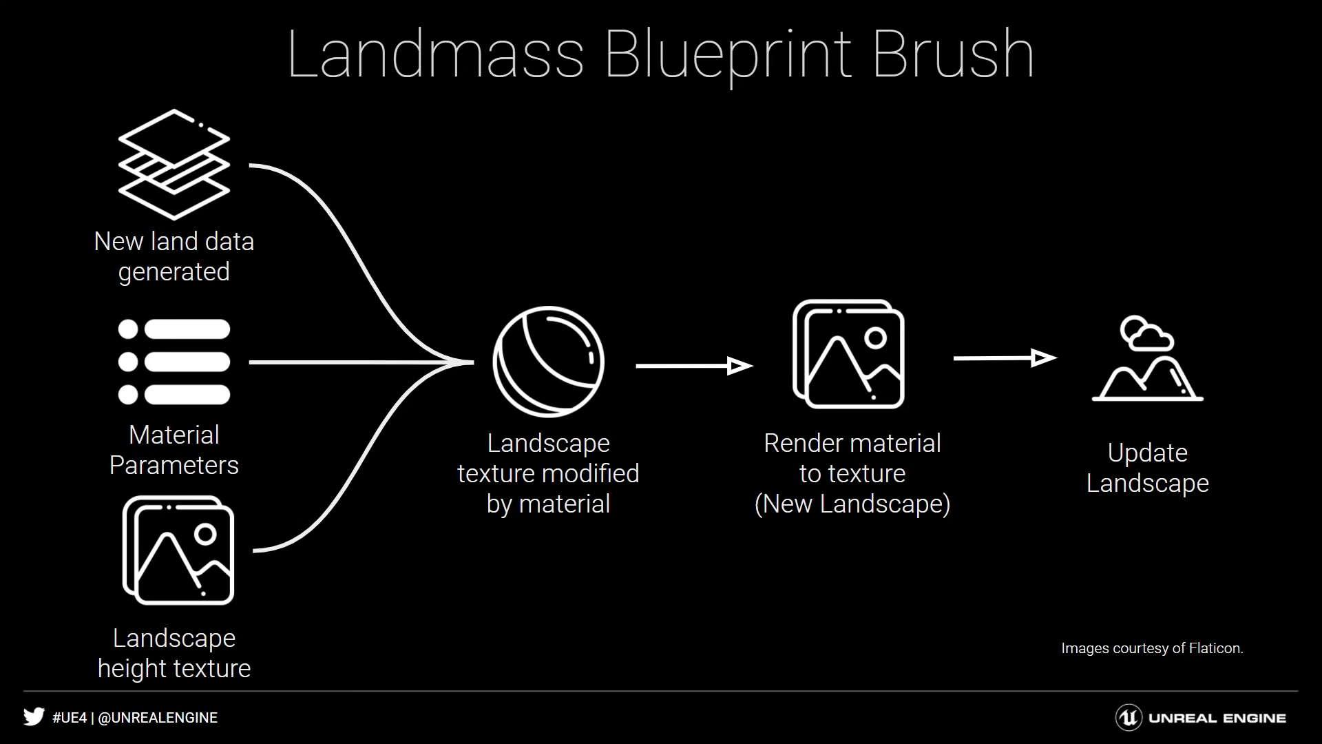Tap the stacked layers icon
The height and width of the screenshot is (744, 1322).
[x=174, y=165]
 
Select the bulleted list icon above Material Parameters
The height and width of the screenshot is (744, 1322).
[x=174, y=362]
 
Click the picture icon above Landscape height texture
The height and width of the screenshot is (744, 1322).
[x=178, y=550]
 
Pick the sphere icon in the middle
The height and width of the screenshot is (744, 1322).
[x=548, y=361]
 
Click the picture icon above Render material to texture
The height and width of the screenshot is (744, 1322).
[x=848, y=354]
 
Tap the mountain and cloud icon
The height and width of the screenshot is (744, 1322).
[x=1148, y=358]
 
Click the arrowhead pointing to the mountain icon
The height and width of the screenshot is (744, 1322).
[x=1045, y=358]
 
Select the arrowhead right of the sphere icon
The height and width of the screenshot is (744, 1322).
[x=740, y=366]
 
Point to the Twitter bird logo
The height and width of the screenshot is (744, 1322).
[x=34, y=717]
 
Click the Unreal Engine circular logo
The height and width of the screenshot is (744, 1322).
[x=1129, y=718]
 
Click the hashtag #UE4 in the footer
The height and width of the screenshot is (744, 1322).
[x=70, y=718]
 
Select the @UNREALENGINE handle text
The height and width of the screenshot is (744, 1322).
[x=158, y=718]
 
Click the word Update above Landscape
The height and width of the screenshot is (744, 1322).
[x=1148, y=453]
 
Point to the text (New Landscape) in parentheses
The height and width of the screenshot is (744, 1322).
[x=852, y=504]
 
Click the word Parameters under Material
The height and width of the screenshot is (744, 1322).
[x=174, y=466]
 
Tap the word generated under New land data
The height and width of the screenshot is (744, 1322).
[x=174, y=272]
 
